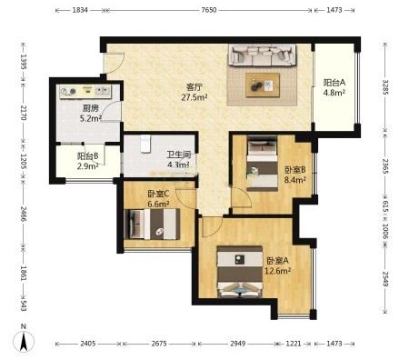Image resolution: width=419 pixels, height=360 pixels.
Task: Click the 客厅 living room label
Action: click(195, 87)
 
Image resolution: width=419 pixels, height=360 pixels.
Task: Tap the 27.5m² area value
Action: click(195, 97)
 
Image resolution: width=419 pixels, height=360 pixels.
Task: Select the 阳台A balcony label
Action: click(334, 83)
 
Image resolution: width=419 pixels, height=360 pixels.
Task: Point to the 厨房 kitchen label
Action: click(91, 108)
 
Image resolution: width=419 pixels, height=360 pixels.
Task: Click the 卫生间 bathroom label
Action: click(179, 155)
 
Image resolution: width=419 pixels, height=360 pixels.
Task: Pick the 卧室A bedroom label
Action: click(278, 261)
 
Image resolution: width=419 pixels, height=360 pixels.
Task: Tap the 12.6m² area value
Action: click(278, 271)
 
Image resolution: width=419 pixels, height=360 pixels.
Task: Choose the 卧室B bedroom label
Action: click(294, 170)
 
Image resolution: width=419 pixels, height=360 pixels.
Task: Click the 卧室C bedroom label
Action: click(158, 194)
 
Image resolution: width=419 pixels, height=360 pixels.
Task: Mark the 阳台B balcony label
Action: click(87, 156)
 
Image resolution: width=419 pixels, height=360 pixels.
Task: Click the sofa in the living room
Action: click(262, 55)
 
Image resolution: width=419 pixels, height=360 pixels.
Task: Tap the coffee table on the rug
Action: click(263, 85)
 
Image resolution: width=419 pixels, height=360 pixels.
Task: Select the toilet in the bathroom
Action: click(145, 144)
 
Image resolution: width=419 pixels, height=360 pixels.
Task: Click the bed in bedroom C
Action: click(152, 225)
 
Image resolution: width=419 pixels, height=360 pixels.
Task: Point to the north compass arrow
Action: click(24, 342)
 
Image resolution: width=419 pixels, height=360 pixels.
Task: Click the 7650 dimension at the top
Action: click(209, 10)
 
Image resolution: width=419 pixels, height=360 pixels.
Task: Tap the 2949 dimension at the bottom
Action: click(238, 344)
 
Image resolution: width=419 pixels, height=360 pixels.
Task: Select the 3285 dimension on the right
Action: click(385, 87)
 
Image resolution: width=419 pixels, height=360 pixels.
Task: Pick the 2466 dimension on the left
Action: click(24, 214)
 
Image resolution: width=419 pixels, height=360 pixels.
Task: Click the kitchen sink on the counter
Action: click(103, 91)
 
